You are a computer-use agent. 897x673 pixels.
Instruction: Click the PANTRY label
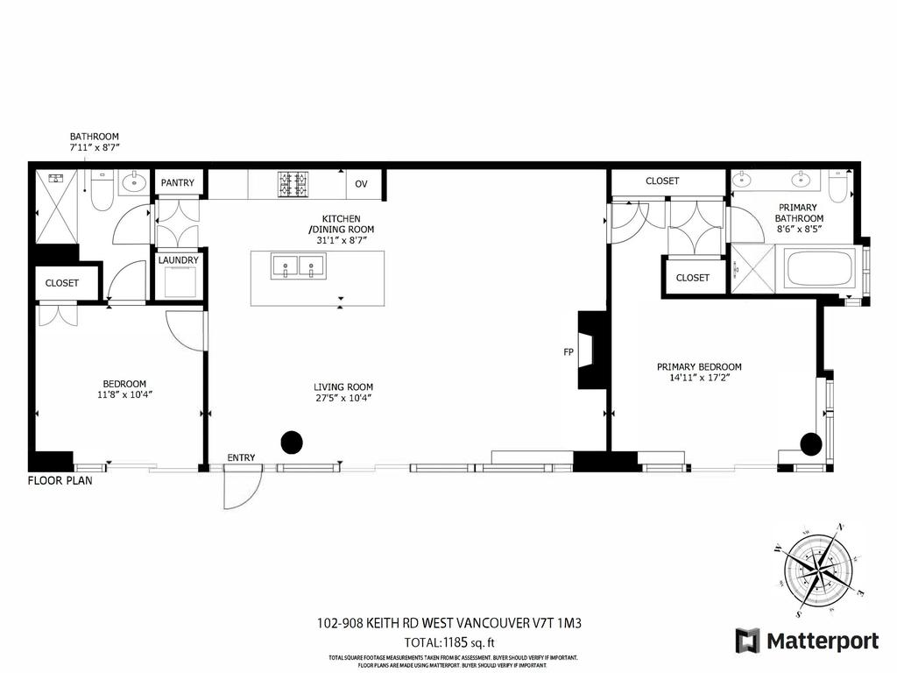pyautogui.click(x=179, y=183)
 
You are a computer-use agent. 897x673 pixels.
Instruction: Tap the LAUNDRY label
pyautogui.click(x=179, y=260)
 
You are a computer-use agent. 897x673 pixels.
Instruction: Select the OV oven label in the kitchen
pyautogui.click(x=361, y=184)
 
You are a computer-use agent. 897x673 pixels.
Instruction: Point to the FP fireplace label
pyautogui.click(x=569, y=352)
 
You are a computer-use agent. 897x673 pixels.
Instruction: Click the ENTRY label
pyautogui.click(x=241, y=457)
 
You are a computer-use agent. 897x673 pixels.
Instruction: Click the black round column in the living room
pyautogui.click(x=292, y=443)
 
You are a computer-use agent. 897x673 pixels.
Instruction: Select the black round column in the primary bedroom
pyautogui.click(x=811, y=444)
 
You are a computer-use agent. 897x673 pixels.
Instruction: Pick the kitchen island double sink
pyautogui.click(x=298, y=266)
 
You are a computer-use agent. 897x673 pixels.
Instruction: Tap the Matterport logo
pyautogui.click(x=807, y=641)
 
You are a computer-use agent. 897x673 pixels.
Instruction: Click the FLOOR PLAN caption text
pyautogui.click(x=60, y=480)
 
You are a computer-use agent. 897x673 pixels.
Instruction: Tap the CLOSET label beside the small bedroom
pyautogui.click(x=62, y=283)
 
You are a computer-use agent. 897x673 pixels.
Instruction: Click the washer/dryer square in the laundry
pyautogui.click(x=179, y=283)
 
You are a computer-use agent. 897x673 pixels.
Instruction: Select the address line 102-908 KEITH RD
pyautogui.click(x=448, y=624)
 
